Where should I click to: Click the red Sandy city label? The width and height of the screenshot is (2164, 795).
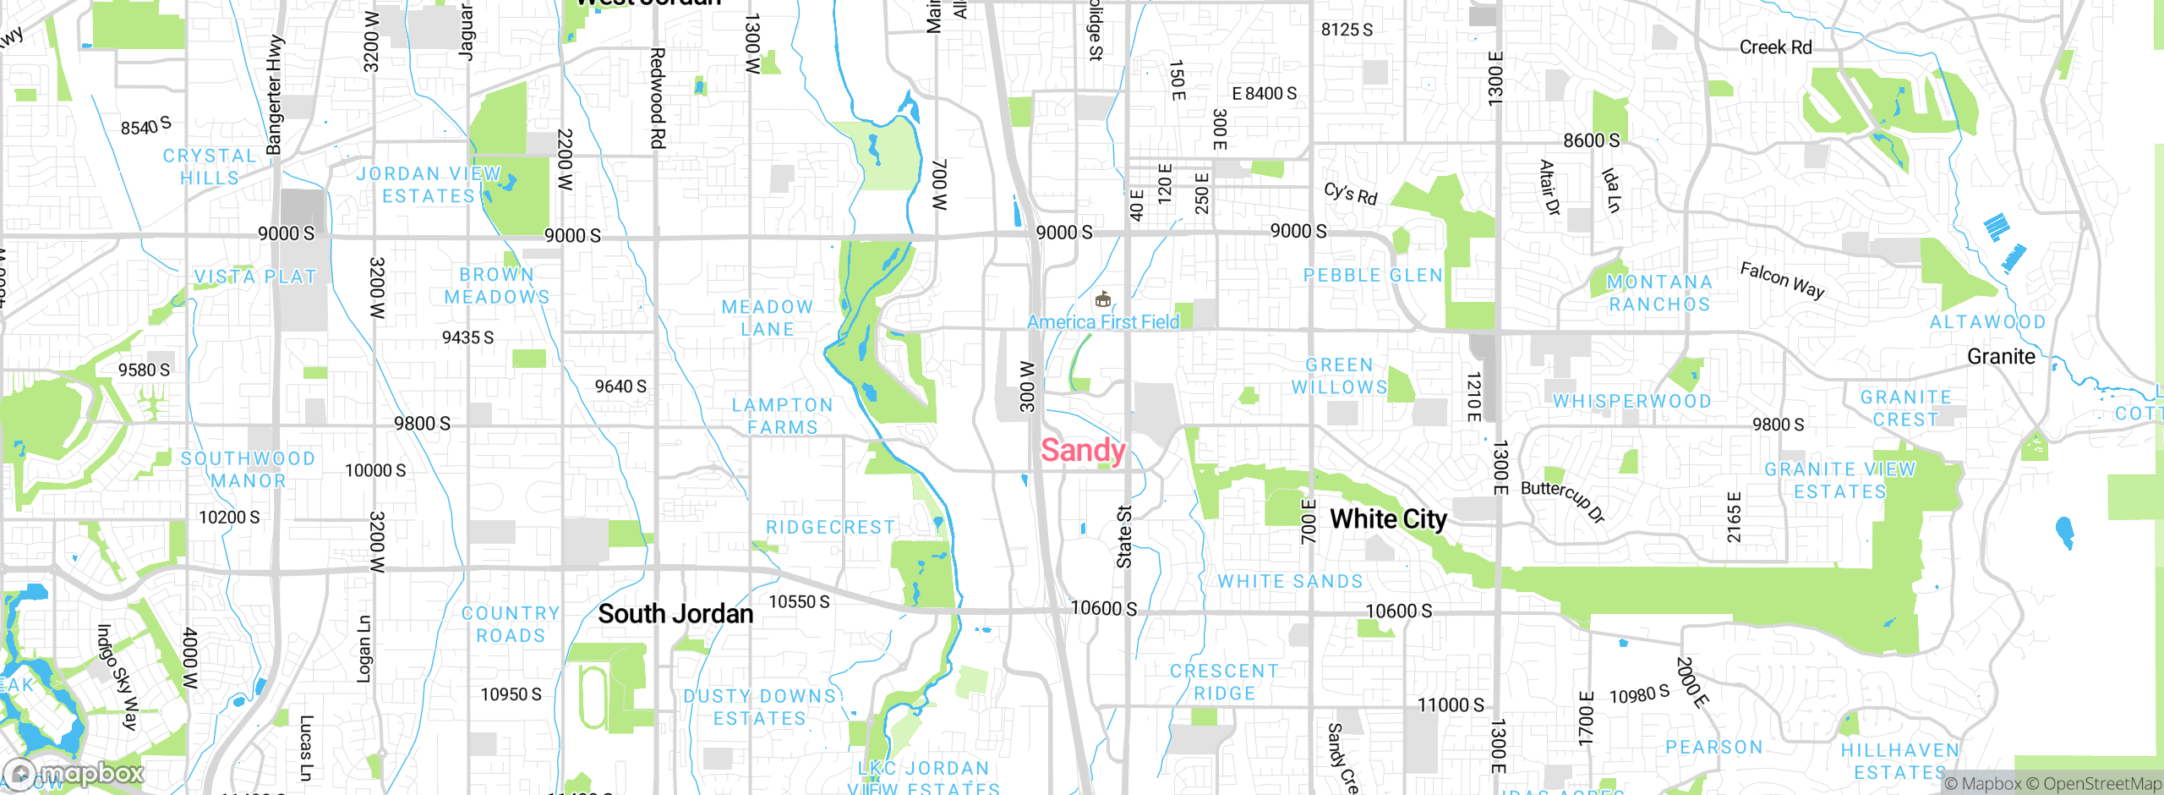tap(1082, 450)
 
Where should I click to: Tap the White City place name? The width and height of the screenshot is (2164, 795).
tap(1388, 518)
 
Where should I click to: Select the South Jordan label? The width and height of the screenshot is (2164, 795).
tap(675, 614)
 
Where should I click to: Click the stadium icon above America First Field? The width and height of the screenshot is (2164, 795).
tap(1102, 299)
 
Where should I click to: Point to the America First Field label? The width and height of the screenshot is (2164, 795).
tap(1103, 322)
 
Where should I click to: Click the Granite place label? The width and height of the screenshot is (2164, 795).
tap(2001, 357)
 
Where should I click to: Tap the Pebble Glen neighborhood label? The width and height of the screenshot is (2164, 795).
tap(1373, 276)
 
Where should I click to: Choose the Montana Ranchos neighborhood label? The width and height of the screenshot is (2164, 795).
tap(1659, 293)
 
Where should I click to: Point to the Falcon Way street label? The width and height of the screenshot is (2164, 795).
tap(1782, 280)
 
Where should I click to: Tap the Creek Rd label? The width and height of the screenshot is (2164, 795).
tap(1775, 47)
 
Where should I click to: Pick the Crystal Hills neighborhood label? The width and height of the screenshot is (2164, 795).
tap(210, 167)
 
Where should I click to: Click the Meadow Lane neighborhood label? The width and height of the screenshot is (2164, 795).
tap(768, 318)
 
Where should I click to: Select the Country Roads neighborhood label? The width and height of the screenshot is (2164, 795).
tap(511, 624)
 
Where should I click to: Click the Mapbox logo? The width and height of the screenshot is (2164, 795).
tap(74, 773)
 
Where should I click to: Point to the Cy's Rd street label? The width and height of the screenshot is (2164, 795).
tap(1350, 194)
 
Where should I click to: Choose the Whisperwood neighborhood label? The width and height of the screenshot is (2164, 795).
tap(1632, 401)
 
